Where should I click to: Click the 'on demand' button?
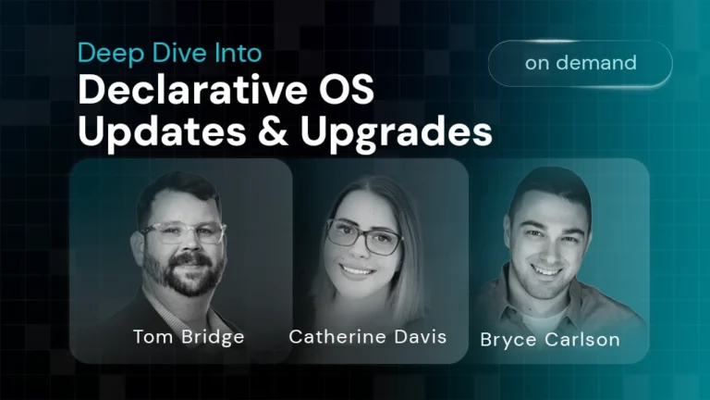(x=581, y=64)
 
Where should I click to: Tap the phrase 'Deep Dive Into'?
(x=168, y=53)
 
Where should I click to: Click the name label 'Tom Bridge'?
(x=189, y=336)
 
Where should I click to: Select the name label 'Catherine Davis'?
(x=368, y=336)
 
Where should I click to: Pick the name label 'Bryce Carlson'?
(x=550, y=339)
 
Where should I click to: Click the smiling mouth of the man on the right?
(x=548, y=270)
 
